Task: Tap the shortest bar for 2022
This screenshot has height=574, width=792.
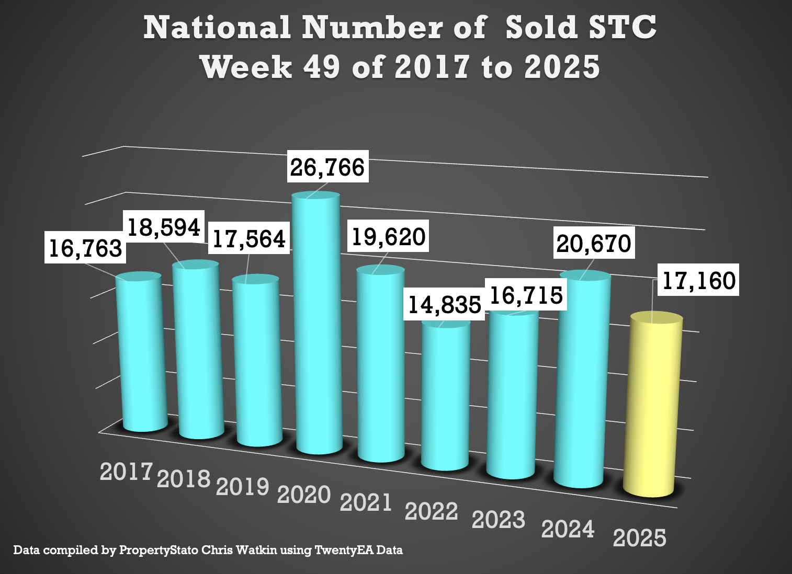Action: pos(445,397)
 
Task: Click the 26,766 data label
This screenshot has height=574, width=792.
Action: pos(327,167)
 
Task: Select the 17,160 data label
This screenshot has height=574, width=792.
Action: pos(698,280)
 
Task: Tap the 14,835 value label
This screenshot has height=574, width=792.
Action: pos(444,304)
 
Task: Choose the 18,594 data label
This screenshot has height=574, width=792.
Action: pos(164,227)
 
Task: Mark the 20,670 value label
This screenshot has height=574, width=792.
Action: pos(594,243)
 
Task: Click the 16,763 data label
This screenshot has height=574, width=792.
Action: pos(85,248)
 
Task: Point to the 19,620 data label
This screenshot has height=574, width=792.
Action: pos(388,236)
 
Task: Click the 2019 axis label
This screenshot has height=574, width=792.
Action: pos(242,486)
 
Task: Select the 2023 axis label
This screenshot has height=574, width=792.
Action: pos(498,520)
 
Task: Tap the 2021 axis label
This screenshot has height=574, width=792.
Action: pos(366,502)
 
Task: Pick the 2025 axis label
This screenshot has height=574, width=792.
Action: pos(639,538)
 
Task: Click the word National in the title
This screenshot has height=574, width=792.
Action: pos(217,27)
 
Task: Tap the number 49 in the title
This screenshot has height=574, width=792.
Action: pos(321,67)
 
